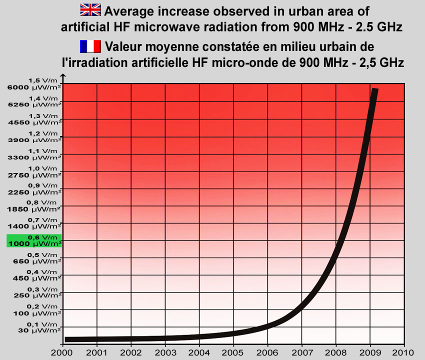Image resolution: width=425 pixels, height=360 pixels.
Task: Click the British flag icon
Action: (x=90, y=9)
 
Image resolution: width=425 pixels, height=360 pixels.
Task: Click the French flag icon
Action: (x=90, y=46)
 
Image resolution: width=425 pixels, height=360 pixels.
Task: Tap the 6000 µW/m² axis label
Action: (x=34, y=88)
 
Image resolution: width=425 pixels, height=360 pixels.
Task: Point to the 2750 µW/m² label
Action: (x=34, y=175)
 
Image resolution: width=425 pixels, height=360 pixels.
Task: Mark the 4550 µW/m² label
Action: (x=34, y=122)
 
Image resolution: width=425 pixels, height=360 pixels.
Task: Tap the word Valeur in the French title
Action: (x=123, y=47)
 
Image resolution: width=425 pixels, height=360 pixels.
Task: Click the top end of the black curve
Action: (x=375, y=90)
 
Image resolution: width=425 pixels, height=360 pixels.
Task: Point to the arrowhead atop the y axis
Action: (x=62, y=76)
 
